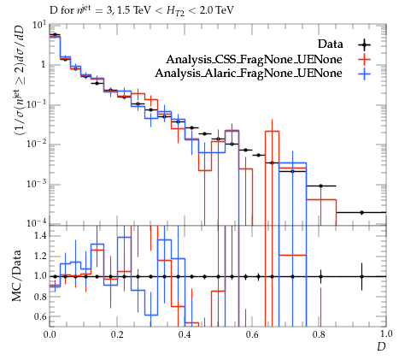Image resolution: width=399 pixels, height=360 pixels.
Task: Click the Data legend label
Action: point(331,44)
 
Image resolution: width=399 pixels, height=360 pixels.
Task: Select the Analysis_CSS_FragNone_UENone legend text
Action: point(254,59)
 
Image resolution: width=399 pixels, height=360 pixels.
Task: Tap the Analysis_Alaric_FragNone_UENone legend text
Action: point(249,74)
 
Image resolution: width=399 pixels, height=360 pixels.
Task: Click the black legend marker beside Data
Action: point(364,44)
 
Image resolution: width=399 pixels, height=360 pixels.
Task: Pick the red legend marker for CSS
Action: point(364,59)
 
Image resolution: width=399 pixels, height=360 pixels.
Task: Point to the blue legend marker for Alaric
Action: point(364,74)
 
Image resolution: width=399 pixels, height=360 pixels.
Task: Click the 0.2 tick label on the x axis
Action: point(117,334)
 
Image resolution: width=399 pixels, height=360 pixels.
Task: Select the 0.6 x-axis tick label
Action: point(252,334)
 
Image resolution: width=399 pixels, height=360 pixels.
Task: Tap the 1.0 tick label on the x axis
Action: point(386,334)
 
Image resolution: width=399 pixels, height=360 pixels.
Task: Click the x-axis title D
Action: point(381,346)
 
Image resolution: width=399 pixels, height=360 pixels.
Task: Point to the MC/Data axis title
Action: point(16,275)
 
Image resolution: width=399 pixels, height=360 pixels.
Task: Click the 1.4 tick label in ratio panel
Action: point(40,236)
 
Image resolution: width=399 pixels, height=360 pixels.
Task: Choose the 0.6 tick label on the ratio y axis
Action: point(40,316)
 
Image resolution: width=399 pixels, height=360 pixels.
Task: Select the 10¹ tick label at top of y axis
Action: point(39,26)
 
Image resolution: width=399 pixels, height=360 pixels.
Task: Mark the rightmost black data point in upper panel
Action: point(361,212)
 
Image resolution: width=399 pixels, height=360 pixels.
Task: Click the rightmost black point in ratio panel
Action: point(361,276)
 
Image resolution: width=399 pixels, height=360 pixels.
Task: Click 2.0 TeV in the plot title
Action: point(217,10)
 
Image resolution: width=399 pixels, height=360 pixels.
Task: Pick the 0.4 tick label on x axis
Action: point(185,334)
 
